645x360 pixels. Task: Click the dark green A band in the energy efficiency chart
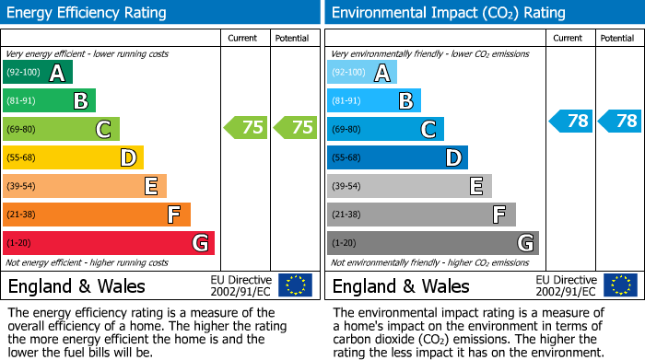38,73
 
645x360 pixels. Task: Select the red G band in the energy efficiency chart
109,243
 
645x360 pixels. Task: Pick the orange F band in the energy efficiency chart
97,215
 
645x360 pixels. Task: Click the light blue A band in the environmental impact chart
362,73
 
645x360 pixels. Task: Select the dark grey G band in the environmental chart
432,243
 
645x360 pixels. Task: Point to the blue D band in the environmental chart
397,157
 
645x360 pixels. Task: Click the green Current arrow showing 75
246,128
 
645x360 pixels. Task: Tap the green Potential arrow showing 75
296,128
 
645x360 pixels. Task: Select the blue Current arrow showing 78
571,121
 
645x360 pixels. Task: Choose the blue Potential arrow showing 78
620,121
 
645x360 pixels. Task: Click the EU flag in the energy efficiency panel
295,285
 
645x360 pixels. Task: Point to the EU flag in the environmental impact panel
620,285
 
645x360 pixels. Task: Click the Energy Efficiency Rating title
88,13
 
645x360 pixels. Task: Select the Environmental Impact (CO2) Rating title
448,13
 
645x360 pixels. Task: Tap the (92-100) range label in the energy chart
24,73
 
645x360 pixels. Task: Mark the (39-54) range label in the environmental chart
347,186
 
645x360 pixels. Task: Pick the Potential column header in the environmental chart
617,38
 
